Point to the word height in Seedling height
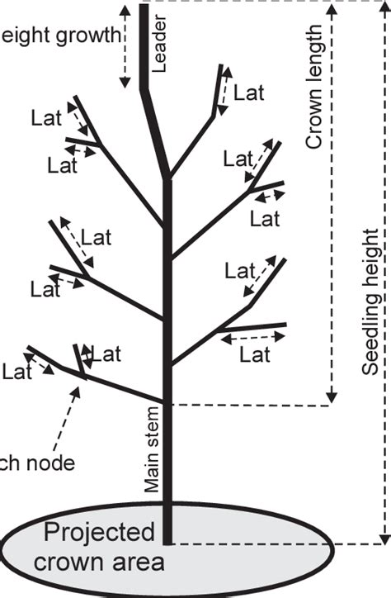coord(371,264)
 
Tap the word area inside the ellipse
coord(142,563)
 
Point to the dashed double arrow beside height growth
coord(125,45)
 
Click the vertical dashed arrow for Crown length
coord(333,206)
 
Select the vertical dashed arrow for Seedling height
coord(384,273)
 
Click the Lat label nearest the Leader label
coord(248,93)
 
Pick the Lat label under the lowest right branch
coord(255,355)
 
